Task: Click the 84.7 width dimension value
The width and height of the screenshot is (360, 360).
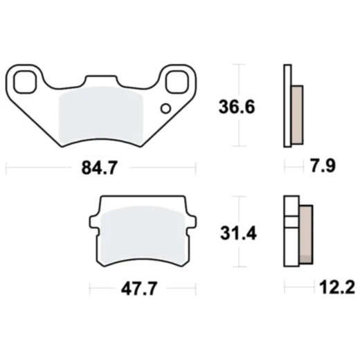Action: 101,168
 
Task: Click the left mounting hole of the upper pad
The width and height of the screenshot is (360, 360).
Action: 25,80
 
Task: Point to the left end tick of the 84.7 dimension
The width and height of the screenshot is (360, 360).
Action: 6,168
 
